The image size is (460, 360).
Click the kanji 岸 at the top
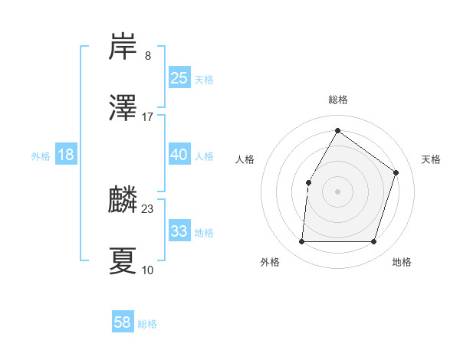pyautogui.click(x=123, y=47)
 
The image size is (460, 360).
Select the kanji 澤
pyautogui.click(x=123, y=108)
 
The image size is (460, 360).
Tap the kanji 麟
pyautogui.click(x=123, y=200)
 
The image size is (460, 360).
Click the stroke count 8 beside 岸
pyautogui.click(x=148, y=56)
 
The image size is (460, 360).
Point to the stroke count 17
pyautogui.click(x=148, y=117)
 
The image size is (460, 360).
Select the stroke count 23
pyautogui.click(x=148, y=208)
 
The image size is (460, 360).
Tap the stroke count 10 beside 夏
pyautogui.click(x=148, y=270)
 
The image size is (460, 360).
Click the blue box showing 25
pyautogui.click(x=179, y=78)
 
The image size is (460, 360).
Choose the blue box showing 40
pyautogui.click(x=179, y=155)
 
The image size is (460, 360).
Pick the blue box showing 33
pyautogui.click(x=179, y=231)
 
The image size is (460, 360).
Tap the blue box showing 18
pyautogui.click(x=66, y=155)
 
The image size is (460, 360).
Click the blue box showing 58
pyautogui.click(x=123, y=322)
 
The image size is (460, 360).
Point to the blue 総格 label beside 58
pyautogui.click(x=147, y=324)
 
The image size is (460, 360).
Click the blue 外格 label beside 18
pyautogui.click(x=41, y=156)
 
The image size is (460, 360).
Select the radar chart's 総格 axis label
pyautogui.click(x=337, y=100)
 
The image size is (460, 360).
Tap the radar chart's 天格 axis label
pyautogui.click(x=431, y=159)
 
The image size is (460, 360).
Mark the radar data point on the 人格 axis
pyautogui.click(x=308, y=182)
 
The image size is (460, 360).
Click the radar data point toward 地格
pyautogui.click(x=373, y=242)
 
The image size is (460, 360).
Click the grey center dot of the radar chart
pyautogui.click(x=337, y=191)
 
